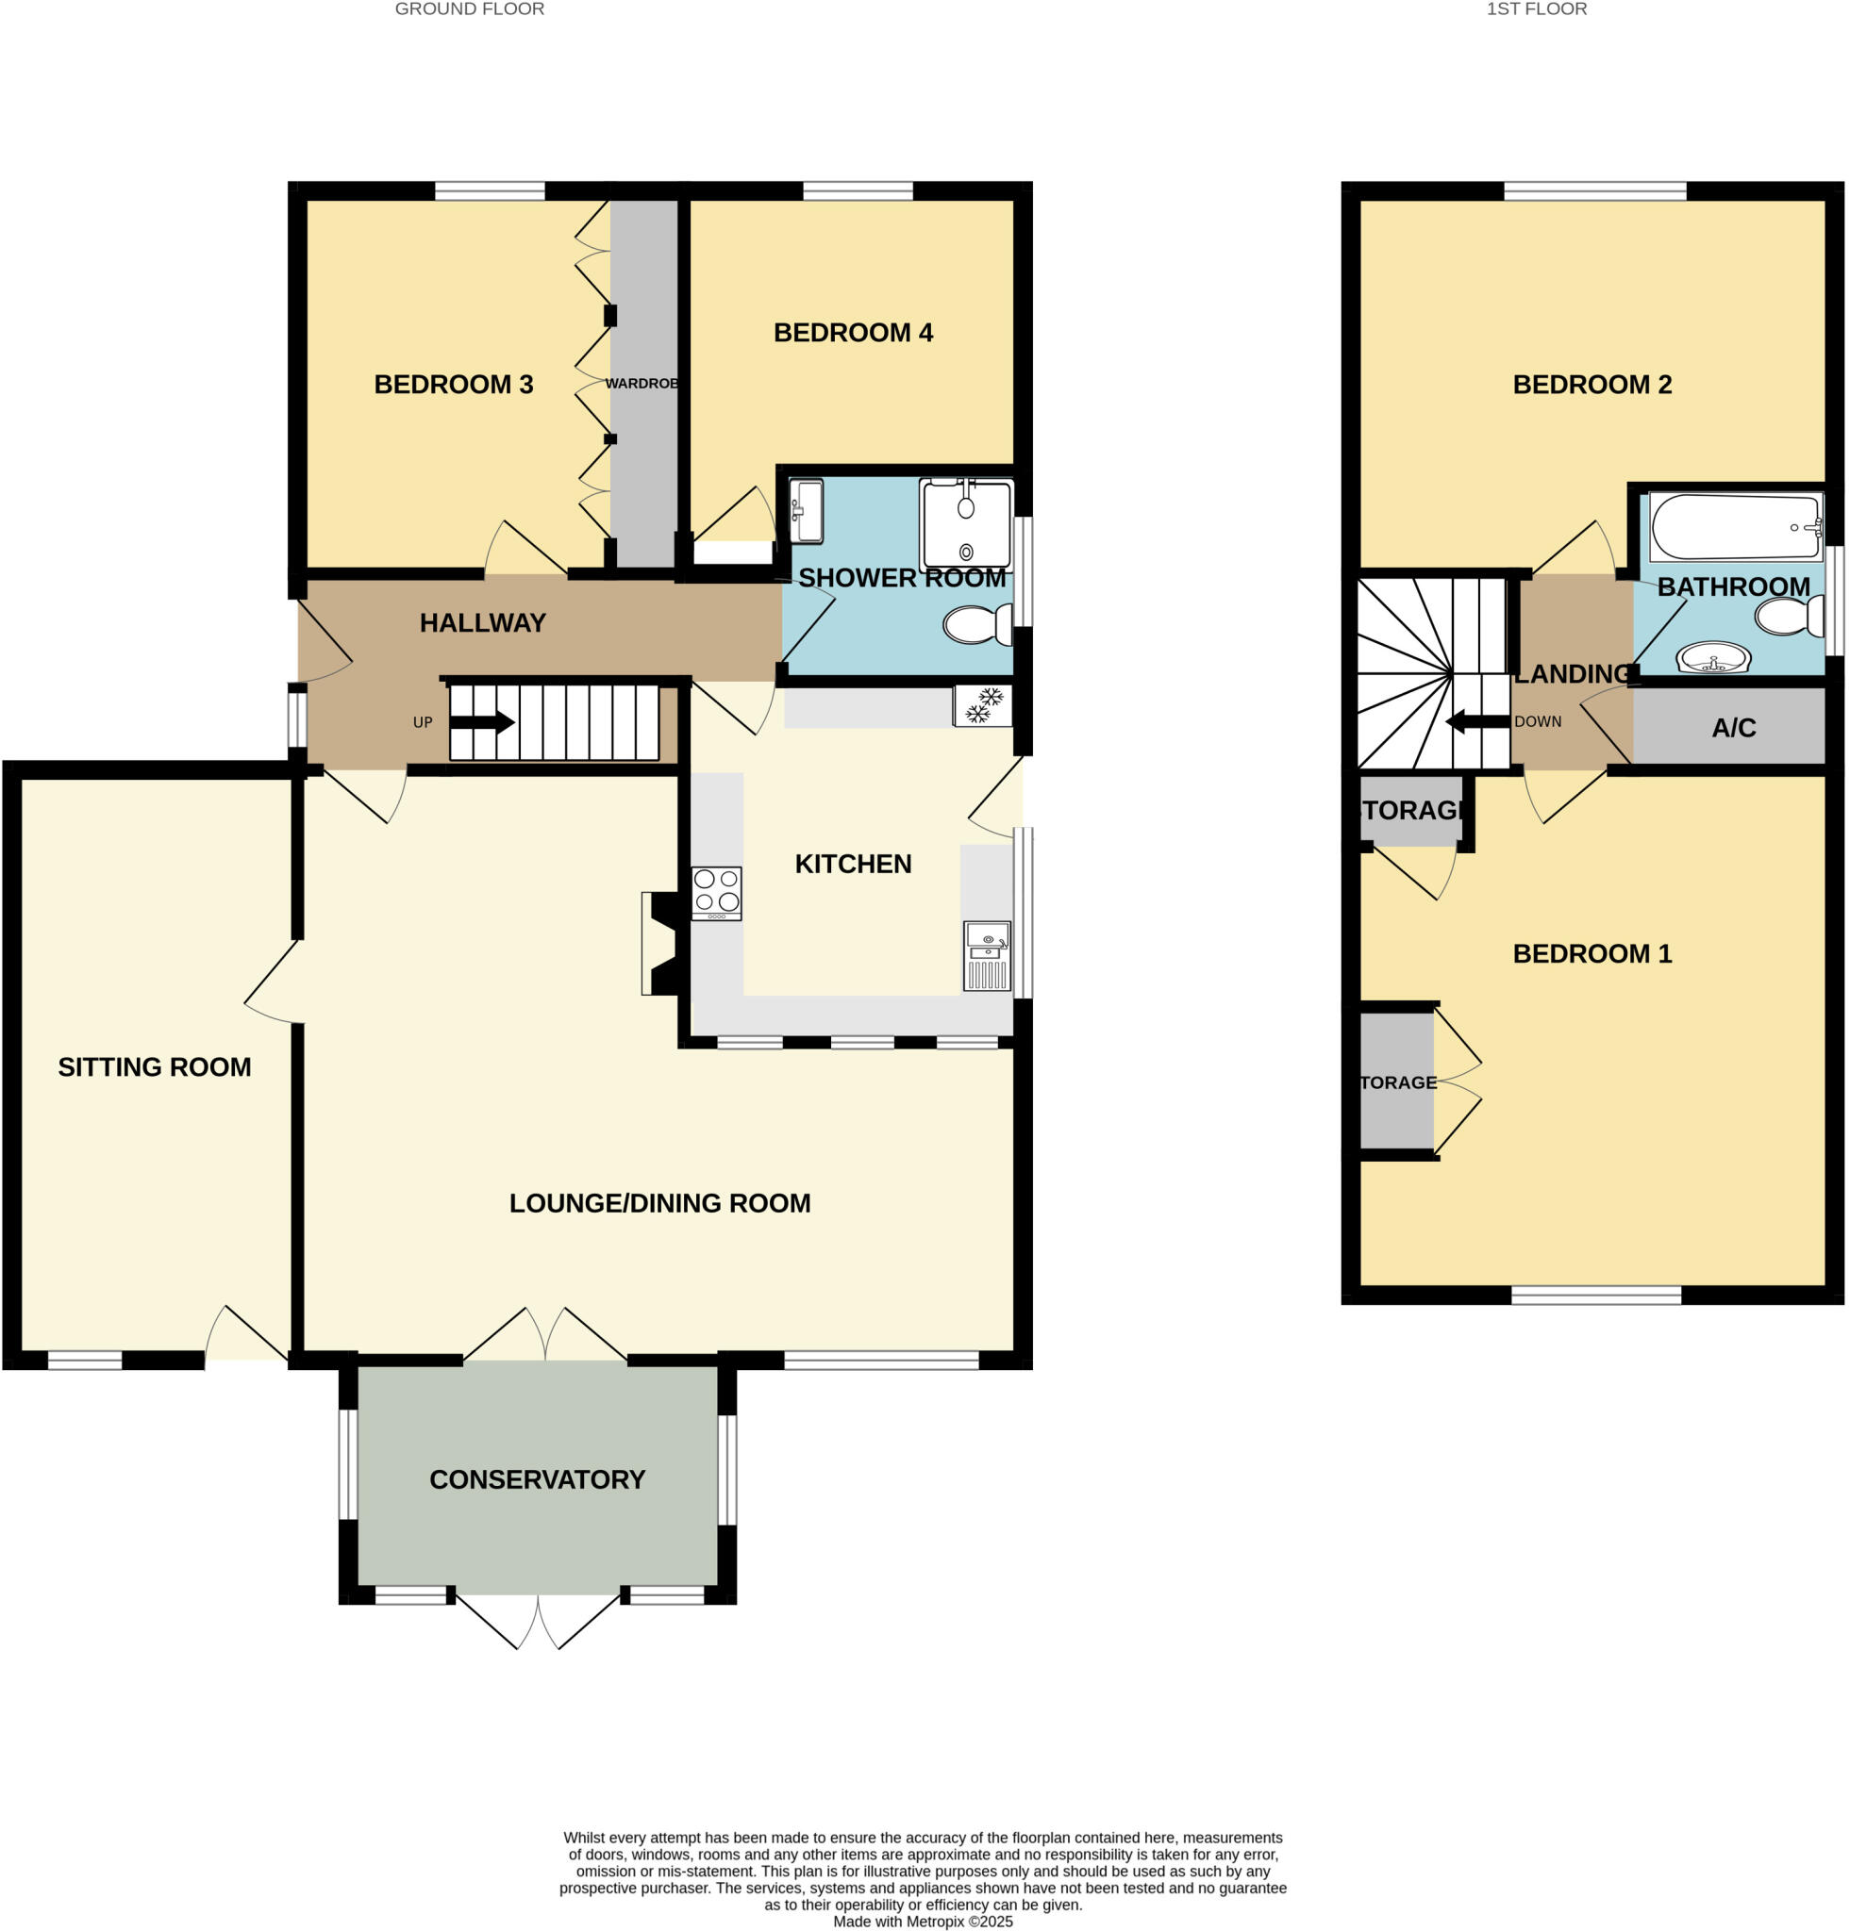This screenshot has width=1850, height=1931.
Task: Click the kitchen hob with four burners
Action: click(715, 893)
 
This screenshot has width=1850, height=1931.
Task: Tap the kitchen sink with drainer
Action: click(987, 955)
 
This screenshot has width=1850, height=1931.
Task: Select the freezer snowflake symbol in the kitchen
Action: click(982, 705)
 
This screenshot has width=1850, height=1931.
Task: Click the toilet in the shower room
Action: click(976, 624)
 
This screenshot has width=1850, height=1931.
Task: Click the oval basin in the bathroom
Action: click(1713, 657)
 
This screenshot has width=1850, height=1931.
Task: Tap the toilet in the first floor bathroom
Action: click(1788, 617)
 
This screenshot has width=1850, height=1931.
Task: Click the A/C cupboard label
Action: click(1733, 728)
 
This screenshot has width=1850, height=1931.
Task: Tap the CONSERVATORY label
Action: click(537, 1478)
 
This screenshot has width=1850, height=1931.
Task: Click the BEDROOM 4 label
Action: click(853, 333)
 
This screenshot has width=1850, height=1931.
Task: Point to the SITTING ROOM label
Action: click(155, 1067)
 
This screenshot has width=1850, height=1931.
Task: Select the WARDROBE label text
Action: click(642, 383)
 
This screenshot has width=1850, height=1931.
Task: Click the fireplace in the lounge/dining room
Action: click(658, 943)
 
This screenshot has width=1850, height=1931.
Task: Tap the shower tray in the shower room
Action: click(965, 524)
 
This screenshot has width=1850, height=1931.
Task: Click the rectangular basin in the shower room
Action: click(807, 510)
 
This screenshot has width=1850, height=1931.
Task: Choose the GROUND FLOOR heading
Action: click(469, 9)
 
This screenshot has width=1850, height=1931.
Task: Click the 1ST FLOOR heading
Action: click(1536, 9)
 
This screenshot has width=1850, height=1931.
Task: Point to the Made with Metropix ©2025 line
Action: click(923, 1922)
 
